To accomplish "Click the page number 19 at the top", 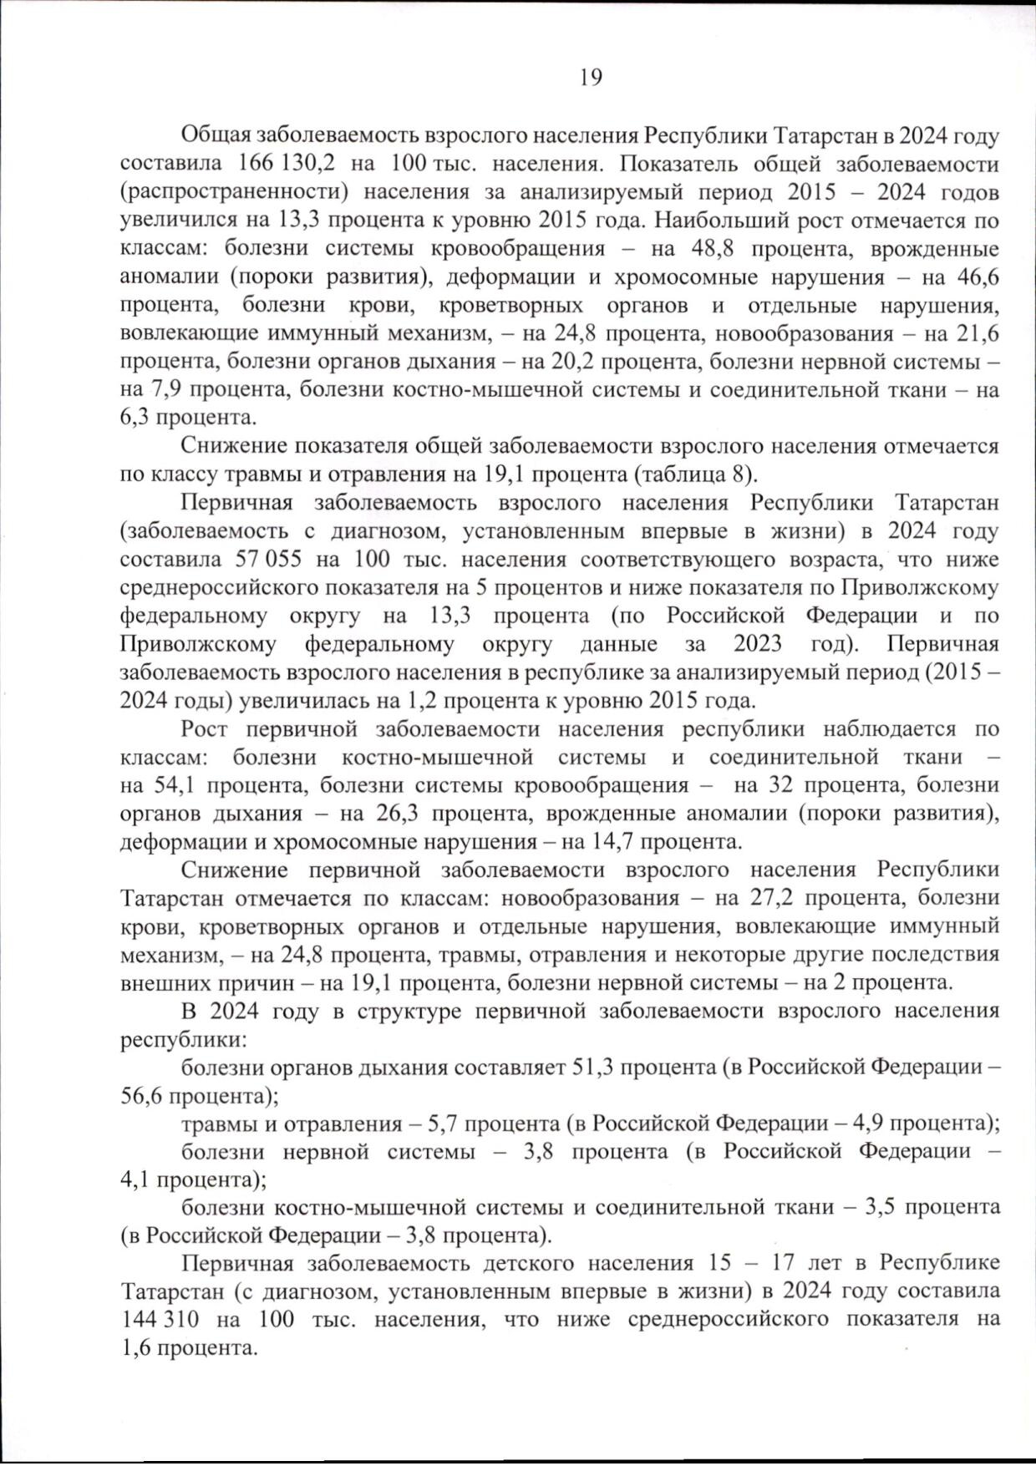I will pos(590,78).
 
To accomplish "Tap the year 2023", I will pos(758,644).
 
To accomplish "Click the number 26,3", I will pos(391,814).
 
